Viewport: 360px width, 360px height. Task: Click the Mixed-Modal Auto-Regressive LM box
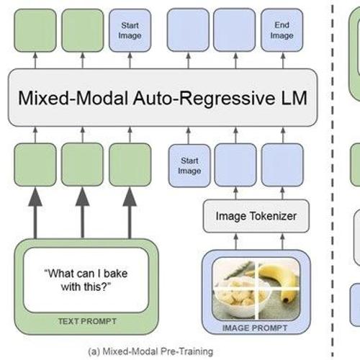[163, 97]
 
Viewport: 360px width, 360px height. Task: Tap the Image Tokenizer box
[256, 216]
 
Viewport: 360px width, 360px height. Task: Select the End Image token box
[282, 30]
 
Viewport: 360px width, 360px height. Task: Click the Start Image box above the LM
[130, 30]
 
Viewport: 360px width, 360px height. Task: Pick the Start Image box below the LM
[189, 166]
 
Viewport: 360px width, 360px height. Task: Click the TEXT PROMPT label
[87, 321]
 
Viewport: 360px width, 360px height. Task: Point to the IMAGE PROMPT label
[255, 328]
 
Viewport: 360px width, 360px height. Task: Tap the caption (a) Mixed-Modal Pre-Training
[150, 351]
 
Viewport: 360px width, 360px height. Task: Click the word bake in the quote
[115, 274]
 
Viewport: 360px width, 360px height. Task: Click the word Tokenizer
[273, 216]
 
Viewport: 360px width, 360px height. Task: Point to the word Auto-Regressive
[204, 98]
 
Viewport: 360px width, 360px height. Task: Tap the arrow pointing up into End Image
[283, 60]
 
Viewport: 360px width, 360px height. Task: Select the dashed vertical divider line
[333, 180]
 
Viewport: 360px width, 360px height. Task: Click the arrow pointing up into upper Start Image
[130, 60]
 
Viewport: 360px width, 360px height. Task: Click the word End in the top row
[282, 24]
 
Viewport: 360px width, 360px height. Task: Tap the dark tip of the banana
[286, 300]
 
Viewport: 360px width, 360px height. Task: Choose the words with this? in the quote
[86, 287]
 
